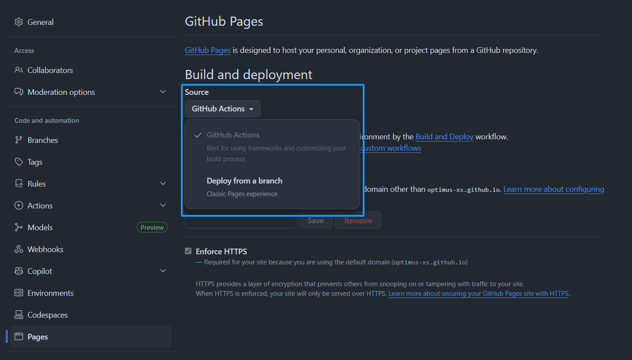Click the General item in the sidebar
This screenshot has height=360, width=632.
coord(40,22)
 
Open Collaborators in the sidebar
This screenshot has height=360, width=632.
coord(50,70)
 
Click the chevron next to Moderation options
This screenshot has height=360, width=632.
coord(163,92)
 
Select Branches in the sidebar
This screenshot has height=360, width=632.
coord(42,140)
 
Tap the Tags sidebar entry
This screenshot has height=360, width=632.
coord(35,162)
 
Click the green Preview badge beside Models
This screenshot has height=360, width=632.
coord(152,228)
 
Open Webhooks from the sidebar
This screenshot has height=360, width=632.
coord(45,249)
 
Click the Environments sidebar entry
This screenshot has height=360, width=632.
coord(50,293)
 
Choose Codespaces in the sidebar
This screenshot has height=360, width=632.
coord(47,315)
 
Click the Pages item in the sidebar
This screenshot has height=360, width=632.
coord(38,337)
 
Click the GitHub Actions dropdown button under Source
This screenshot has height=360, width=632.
coord(222,109)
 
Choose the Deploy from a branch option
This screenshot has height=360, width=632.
coord(244,181)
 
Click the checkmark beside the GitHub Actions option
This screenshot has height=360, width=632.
coord(198,135)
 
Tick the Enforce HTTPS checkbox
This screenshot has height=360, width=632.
coord(188,251)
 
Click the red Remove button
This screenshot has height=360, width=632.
coord(358,221)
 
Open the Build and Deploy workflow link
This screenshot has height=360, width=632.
coord(444,137)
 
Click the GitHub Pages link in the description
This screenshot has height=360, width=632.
coord(208,50)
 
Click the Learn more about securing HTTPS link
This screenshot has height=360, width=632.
coord(478,294)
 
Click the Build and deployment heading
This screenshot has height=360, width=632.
coord(248,75)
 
